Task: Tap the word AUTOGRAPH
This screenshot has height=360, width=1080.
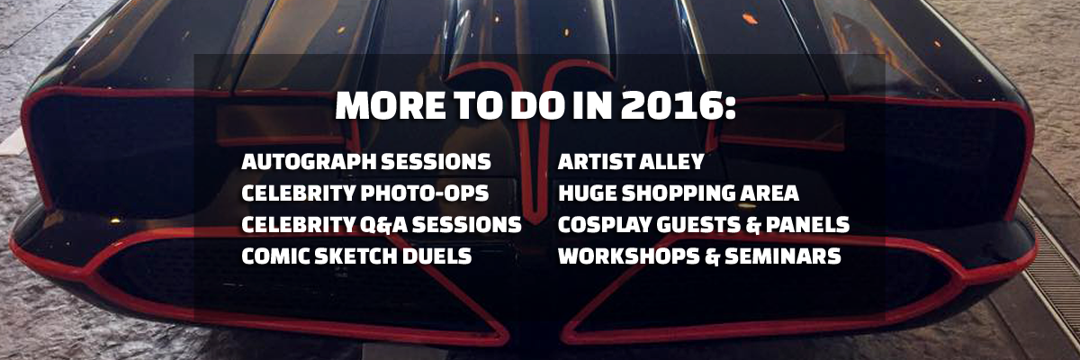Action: coord(309,162)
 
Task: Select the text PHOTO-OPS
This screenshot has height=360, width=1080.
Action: coord(424,193)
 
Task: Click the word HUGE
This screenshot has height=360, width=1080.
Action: coord(587,193)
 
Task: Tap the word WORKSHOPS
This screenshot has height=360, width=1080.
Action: coord(629,256)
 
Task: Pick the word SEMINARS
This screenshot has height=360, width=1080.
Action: coord(783,256)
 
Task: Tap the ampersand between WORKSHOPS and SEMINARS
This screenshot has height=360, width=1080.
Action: coord(712,256)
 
